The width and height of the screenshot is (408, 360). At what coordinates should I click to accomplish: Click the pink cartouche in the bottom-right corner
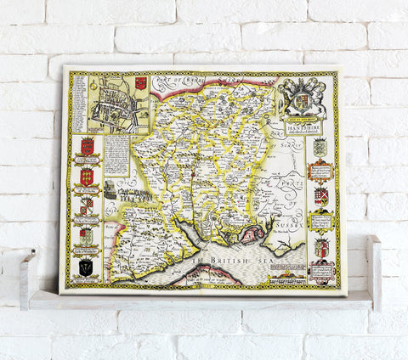(321, 272)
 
